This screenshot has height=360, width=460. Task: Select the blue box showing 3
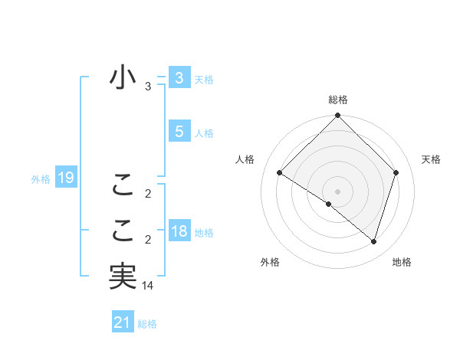(179, 78)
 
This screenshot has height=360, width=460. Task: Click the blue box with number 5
(179, 132)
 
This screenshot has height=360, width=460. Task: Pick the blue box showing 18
(179, 231)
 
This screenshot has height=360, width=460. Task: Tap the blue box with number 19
(66, 178)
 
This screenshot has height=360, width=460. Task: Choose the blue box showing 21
(123, 322)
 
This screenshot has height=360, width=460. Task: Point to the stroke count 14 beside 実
(148, 286)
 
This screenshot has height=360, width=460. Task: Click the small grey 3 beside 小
(148, 87)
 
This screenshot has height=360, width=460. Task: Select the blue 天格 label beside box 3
(204, 80)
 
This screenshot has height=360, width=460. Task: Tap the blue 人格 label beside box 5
(204, 133)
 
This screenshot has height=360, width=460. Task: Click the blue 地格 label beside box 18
(204, 232)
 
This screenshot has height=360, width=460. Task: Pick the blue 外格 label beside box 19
(41, 179)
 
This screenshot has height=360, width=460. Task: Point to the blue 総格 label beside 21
(147, 324)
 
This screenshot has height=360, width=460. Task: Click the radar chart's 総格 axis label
(337, 100)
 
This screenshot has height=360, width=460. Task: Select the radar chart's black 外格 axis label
(270, 262)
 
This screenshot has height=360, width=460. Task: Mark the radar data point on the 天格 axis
(396, 172)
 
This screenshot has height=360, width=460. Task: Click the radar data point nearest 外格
(329, 204)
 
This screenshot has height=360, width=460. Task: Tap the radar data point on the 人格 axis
(279, 172)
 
